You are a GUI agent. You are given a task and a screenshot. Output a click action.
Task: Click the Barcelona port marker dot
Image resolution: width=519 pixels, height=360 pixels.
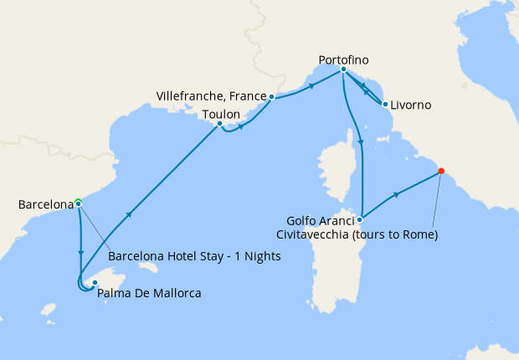[78, 203]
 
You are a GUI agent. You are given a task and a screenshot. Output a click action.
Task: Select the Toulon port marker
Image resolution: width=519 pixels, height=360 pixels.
[219, 125]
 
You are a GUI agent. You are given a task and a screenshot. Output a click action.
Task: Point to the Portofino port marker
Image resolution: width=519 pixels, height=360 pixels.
[344, 70]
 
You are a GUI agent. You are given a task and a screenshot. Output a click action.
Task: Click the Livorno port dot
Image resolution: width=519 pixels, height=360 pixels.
[384, 105]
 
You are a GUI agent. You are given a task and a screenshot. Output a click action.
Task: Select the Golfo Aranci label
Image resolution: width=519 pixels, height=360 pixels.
[319, 220]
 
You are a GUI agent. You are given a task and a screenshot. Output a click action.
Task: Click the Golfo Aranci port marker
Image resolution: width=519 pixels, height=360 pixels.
[359, 219]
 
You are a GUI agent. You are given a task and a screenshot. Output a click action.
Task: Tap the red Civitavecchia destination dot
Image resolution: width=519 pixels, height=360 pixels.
[440, 172]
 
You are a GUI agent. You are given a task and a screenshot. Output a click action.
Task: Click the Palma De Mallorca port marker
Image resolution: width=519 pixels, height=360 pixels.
[95, 283]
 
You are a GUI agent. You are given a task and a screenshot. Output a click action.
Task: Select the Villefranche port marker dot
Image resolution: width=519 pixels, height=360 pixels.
[272, 96]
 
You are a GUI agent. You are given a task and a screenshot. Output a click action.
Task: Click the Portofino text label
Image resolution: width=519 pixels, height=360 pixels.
[343, 59]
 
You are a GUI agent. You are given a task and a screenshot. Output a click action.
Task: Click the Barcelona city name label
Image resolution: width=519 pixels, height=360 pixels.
[44, 203]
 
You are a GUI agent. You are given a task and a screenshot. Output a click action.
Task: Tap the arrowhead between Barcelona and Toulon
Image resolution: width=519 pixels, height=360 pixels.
[131, 214]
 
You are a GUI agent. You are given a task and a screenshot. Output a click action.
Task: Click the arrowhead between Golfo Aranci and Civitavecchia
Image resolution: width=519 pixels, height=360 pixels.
[397, 194]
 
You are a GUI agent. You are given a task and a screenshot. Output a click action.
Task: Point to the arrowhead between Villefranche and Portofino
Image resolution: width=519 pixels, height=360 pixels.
[312, 85]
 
